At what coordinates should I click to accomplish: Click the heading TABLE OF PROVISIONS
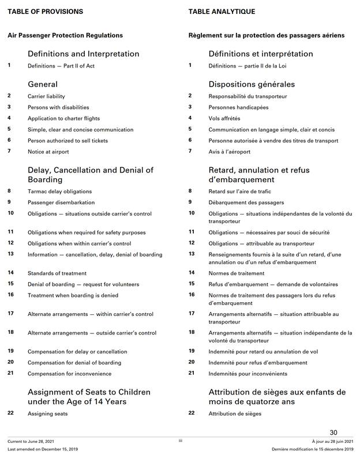point(45,12)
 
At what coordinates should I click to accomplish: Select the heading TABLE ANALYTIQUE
point(221,12)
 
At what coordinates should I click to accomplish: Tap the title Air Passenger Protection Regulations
point(65,35)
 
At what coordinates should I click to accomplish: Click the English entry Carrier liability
point(46,96)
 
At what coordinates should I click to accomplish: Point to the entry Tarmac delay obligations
point(59,191)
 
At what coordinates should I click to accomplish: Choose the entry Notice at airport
point(48,152)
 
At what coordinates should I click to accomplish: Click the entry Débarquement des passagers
point(246,202)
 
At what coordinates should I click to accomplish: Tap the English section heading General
point(43,84)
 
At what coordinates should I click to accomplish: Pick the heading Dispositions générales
point(252,84)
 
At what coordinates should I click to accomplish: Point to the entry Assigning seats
point(47,414)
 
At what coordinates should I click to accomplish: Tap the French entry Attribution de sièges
point(235,414)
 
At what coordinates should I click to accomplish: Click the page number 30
point(333,433)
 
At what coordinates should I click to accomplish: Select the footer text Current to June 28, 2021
point(31,441)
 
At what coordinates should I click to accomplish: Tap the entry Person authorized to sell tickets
point(67,141)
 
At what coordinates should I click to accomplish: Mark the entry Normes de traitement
point(234,273)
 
